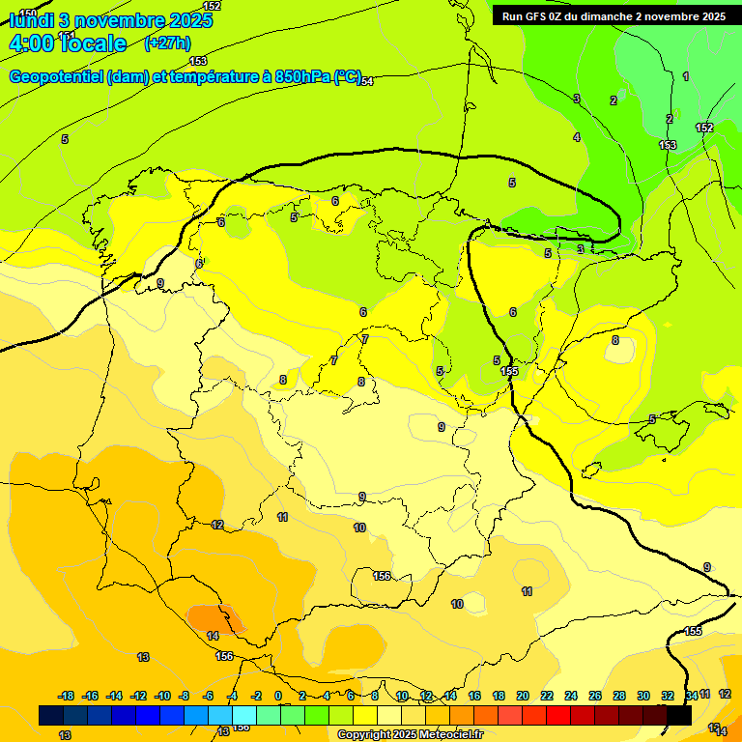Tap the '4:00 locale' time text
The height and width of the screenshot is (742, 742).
click(x=68, y=43)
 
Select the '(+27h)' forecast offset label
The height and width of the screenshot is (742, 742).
click(x=167, y=43)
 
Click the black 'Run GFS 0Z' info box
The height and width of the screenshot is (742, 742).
click(x=614, y=15)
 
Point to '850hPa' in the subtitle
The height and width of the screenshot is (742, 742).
click(x=300, y=77)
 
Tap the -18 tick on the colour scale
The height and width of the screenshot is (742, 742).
click(x=67, y=696)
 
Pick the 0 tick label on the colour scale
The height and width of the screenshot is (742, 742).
click(x=278, y=696)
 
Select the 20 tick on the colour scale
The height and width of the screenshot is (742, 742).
click(x=523, y=696)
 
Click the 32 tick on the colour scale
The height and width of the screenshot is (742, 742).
click(x=668, y=696)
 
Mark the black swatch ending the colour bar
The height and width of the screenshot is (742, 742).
click(x=679, y=716)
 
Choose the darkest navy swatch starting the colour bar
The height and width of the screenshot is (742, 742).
click(x=51, y=716)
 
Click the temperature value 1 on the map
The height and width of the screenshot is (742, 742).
click(x=686, y=76)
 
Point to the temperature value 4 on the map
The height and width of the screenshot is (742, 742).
click(x=577, y=137)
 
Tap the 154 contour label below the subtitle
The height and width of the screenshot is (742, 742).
click(x=366, y=81)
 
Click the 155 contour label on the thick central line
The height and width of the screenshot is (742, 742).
click(x=509, y=371)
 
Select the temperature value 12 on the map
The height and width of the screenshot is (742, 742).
click(x=217, y=525)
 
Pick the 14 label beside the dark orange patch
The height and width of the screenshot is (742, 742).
click(x=213, y=636)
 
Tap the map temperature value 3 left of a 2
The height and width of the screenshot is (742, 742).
click(x=577, y=99)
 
